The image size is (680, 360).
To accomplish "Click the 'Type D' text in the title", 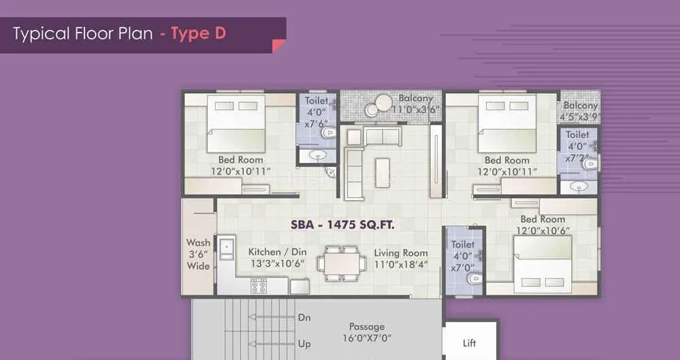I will (x=198, y=33).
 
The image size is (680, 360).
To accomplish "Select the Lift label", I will (x=469, y=343).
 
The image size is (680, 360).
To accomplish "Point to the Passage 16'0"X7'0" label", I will (x=367, y=332).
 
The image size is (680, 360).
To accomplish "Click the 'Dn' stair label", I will (x=304, y=317).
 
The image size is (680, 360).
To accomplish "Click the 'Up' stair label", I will (x=304, y=344).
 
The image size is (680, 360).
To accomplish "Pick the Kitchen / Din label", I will (x=276, y=257).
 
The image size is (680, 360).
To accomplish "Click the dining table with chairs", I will (x=340, y=263).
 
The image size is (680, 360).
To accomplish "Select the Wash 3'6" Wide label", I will (x=198, y=254).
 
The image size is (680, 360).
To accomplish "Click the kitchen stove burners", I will (x=259, y=285).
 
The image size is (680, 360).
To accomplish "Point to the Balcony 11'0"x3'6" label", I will (x=416, y=103).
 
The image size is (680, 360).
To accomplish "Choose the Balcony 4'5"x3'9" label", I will (x=580, y=111).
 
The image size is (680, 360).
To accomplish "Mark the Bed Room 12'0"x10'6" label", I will (x=543, y=225).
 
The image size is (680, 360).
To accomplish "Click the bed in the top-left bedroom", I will (x=236, y=122).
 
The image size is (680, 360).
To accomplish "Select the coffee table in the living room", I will (x=383, y=172).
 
